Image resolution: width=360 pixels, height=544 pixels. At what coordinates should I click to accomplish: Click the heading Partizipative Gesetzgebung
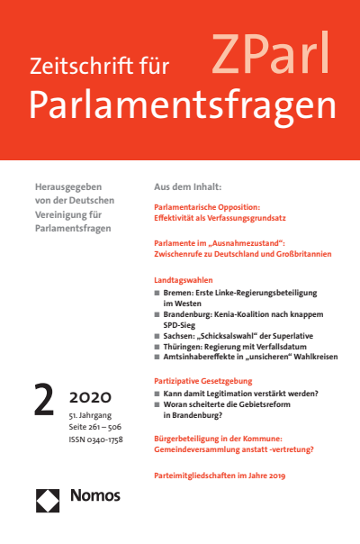tap(210, 382)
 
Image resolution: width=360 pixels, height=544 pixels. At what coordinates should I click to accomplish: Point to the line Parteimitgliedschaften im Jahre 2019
tap(220, 473)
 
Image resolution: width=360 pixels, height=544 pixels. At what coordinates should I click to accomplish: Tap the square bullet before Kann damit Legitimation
tap(158, 395)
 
